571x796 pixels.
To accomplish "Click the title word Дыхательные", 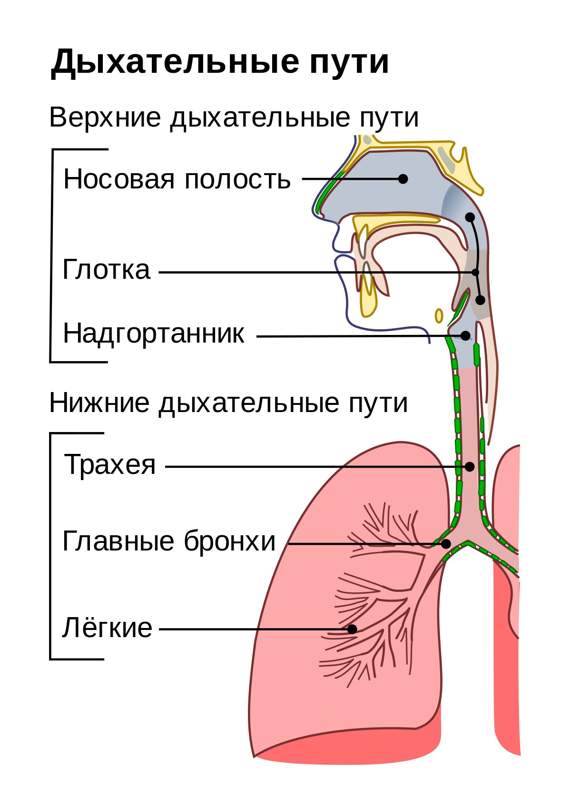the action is click(x=175, y=62).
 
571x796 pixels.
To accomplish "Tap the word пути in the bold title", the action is click(x=349, y=63).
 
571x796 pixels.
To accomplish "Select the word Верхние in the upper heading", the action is click(x=105, y=117).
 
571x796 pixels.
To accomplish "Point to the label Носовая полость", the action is click(x=177, y=179).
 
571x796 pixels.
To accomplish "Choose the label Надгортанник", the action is click(x=154, y=334).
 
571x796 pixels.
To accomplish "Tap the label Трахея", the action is click(x=110, y=464).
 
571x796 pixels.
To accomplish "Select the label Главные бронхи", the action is click(x=169, y=540).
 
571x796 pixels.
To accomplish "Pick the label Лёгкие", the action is click(x=108, y=628).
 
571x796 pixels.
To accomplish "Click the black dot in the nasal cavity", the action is click(x=403, y=179).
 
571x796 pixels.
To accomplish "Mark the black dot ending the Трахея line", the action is click(x=470, y=467).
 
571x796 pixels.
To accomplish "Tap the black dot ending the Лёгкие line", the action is click(x=352, y=629).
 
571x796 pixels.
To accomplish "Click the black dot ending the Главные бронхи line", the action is click(x=446, y=544).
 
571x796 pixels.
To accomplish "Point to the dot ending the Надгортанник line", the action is click(x=465, y=335).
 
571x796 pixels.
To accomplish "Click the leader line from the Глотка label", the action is click(x=317, y=273).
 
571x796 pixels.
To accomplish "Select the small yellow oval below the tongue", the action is click(x=439, y=315).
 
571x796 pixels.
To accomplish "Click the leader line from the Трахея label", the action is click(x=317, y=467).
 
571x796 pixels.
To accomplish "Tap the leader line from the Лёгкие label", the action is click(x=255, y=629).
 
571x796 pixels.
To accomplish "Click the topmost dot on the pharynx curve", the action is click(x=470, y=217).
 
